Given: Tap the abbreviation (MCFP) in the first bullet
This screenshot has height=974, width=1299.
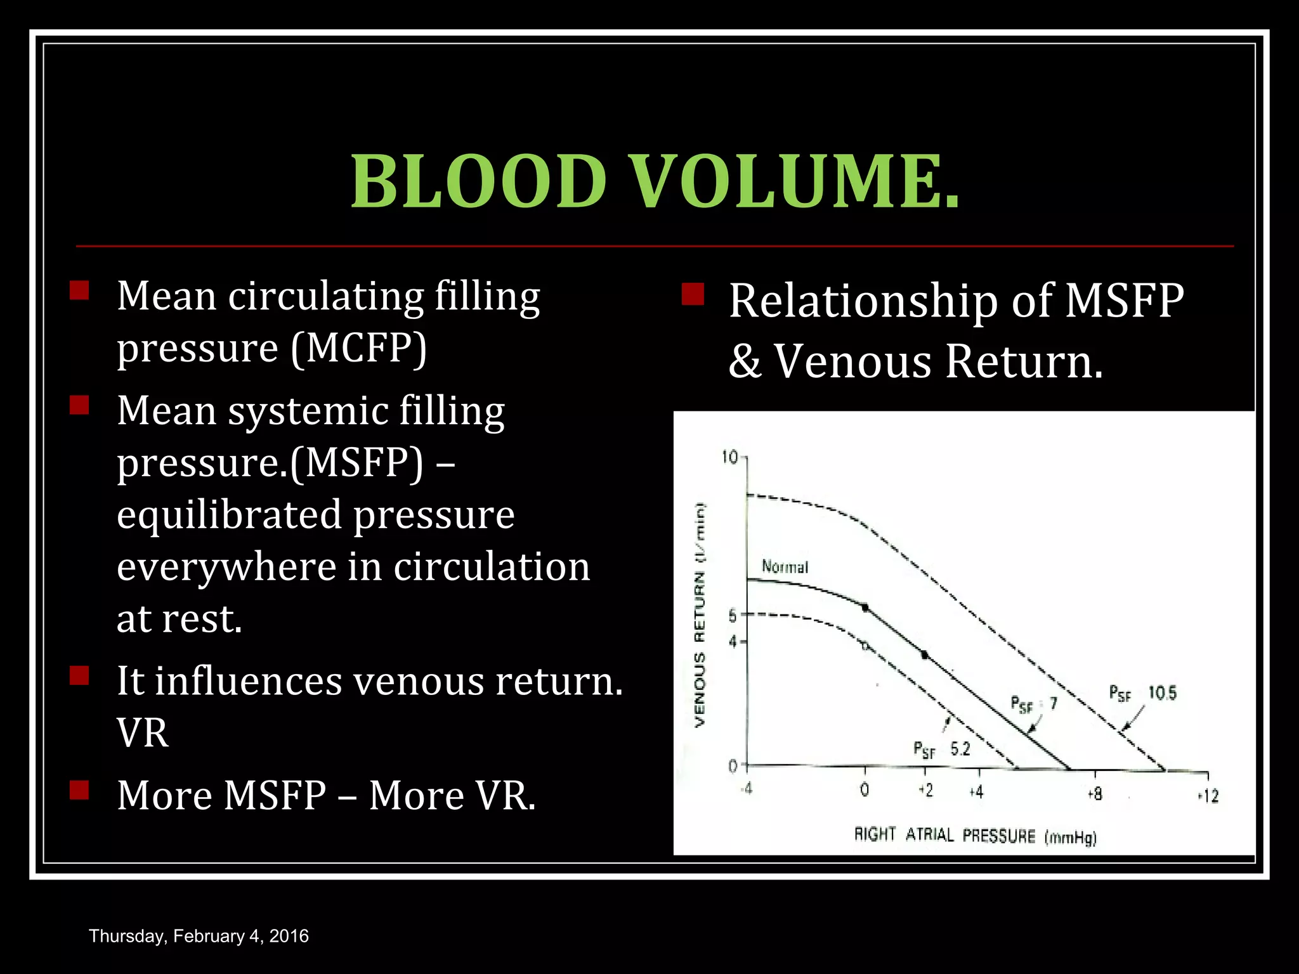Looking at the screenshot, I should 358,348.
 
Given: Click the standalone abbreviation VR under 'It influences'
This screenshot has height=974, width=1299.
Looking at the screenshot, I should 143,734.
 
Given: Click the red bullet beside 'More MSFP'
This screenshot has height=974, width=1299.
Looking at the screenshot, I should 79,790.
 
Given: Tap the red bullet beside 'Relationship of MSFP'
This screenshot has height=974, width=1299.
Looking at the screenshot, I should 693,294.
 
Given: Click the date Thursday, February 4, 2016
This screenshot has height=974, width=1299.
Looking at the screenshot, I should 199,936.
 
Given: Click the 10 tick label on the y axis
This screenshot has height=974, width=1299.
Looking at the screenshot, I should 729,457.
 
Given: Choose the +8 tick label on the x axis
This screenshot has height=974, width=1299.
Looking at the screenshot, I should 1094,793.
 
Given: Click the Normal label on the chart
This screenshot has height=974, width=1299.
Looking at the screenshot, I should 785,566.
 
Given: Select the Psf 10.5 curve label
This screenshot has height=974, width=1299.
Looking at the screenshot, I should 1142,693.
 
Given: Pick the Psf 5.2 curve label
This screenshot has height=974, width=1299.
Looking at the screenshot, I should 942,750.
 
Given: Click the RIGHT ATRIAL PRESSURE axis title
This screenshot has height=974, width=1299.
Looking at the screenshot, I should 975,836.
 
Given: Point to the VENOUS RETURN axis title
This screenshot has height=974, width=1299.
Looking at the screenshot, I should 700,614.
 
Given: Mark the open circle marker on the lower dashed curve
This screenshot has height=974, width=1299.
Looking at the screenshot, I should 865,646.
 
